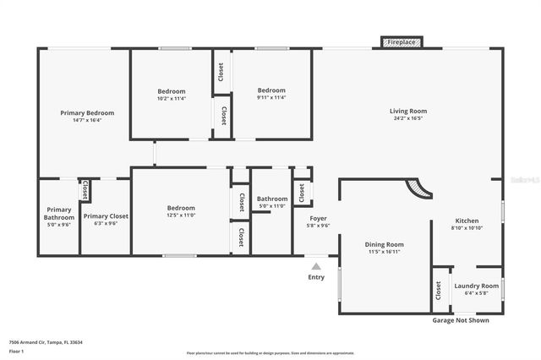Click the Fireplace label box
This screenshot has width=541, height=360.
coord(401,41)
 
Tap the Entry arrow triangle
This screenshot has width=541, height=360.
coord(316,266)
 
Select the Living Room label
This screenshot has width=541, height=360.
coord(407,111)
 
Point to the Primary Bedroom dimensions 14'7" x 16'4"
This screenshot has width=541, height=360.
coord(87,120)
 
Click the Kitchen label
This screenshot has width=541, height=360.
coord(467,220)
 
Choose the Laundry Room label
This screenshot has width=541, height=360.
coord(477,286)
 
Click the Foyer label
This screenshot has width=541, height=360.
coord(318,218)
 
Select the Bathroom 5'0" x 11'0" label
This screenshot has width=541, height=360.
coord(272,199)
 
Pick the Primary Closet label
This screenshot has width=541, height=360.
coord(106,216)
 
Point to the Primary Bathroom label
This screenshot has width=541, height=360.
coord(59,213)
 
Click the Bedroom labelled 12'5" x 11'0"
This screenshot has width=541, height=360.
coord(181,208)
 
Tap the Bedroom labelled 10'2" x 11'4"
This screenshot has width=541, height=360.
coord(172,91)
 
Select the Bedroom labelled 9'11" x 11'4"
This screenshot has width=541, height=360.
coord(271,90)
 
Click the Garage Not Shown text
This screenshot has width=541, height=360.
coord(460,320)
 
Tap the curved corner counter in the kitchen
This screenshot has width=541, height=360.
coord(418,188)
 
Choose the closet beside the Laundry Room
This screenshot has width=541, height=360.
coord(439,291)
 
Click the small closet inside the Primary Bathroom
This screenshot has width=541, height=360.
coord(85,191)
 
